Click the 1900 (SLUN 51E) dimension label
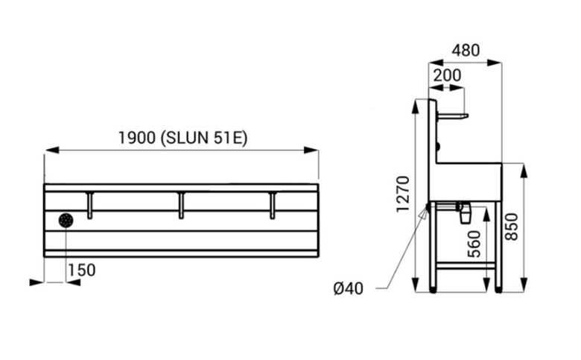point(182,138)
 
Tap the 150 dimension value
point(81,271)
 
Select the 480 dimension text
point(466,50)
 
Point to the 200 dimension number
point(447,75)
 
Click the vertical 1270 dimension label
point(403,194)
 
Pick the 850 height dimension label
point(512,227)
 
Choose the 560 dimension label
point(474,244)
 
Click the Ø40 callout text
point(349,288)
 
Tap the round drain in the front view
point(66,221)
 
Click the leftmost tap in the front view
point(89,206)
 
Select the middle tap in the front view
point(181,206)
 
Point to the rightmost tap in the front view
point(273,206)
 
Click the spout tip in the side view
point(466,116)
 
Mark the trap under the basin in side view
point(465,212)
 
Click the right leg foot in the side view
point(499,289)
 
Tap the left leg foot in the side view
point(433,289)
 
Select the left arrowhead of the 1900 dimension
point(52,150)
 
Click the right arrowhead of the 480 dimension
point(495,63)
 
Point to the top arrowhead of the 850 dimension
point(524,171)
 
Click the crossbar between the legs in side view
point(466,265)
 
